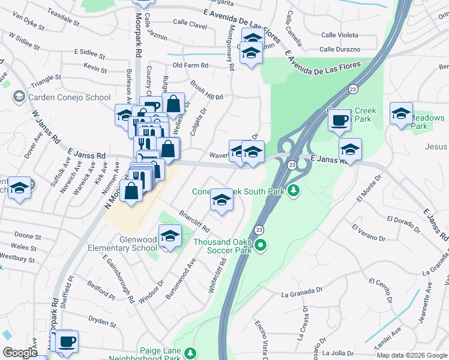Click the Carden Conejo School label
(68, 97)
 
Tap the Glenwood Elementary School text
(130, 244)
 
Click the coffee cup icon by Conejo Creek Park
(339, 119)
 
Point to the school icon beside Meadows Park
(401, 113)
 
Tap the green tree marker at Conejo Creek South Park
(294, 191)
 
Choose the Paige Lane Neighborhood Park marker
(191, 352)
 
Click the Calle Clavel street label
(190, 26)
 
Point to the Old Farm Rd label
(190, 65)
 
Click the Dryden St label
(101, 322)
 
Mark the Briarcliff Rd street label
(194, 220)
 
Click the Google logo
(20, 353)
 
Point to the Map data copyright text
(412, 355)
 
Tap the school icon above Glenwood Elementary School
(170, 235)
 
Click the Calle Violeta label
(339, 35)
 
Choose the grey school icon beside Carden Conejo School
(19, 97)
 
